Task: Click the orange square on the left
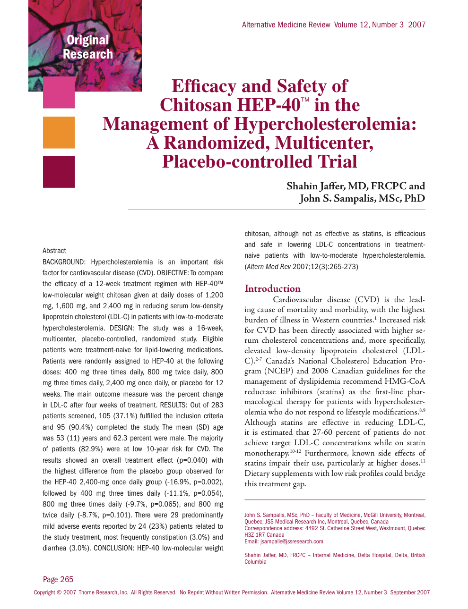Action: point(59,133)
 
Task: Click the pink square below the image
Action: point(59,93)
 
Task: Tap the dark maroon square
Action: point(59,172)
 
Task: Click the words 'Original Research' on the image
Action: point(88,47)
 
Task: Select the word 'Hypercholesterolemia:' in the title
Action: point(325,124)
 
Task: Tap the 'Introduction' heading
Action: point(272,288)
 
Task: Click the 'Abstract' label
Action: point(54,251)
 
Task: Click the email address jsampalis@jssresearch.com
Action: point(292,541)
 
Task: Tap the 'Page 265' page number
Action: point(58,579)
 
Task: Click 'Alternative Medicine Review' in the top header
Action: point(286,25)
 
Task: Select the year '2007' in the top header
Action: point(416,25)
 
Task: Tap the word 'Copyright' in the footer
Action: point(44,592)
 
